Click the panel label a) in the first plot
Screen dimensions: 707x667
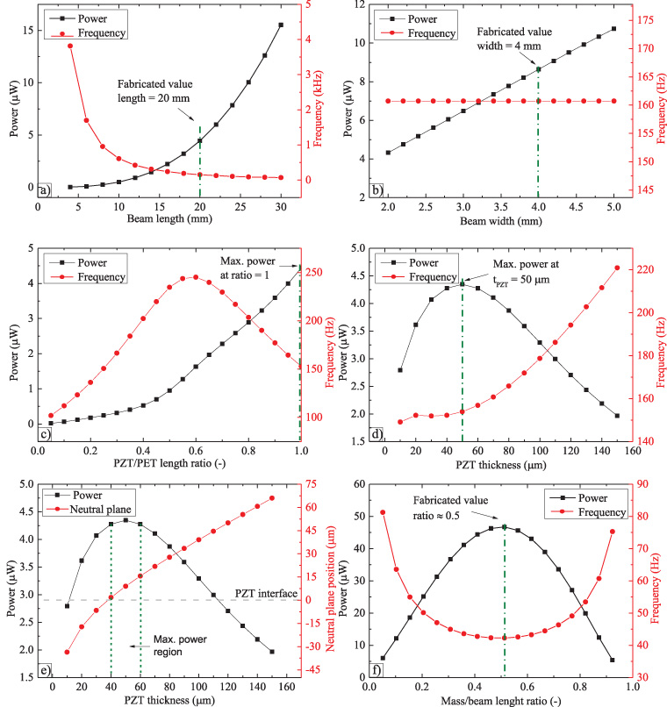tap(45, 189)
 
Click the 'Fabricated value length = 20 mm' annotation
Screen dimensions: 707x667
tap(154, 91)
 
